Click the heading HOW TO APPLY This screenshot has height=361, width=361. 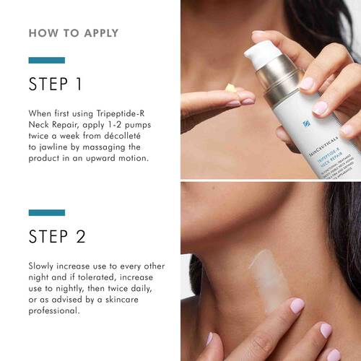point(74,33)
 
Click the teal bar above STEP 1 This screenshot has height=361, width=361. point(46,60)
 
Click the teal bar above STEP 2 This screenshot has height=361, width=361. point(46,212)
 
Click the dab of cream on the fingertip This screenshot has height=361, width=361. point(230,87)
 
